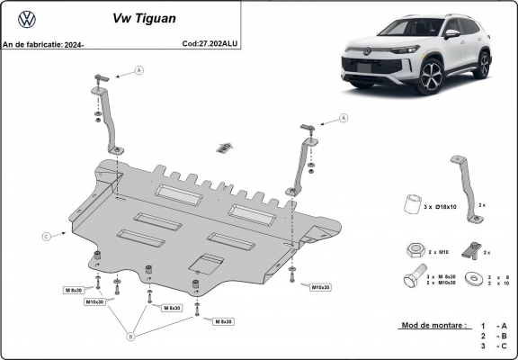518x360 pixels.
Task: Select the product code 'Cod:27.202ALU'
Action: [x=210, y=42]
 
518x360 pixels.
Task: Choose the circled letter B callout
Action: [x=131, y=337]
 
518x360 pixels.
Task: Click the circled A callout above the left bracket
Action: [x=138, y=69]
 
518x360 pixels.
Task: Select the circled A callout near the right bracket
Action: [x=343, y=117]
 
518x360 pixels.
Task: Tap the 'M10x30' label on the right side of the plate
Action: [x=320, y=287]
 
